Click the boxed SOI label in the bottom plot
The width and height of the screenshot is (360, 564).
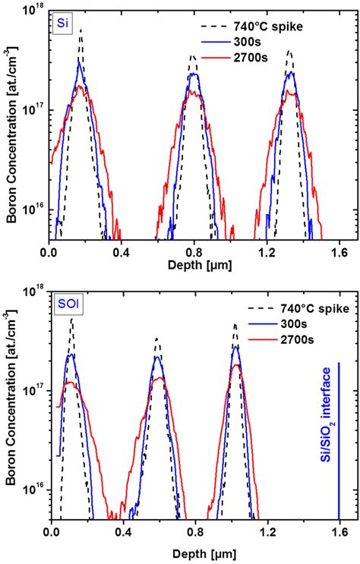(x=67, y=307)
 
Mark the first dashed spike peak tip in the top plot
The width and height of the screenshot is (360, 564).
(x=81, y=30)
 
